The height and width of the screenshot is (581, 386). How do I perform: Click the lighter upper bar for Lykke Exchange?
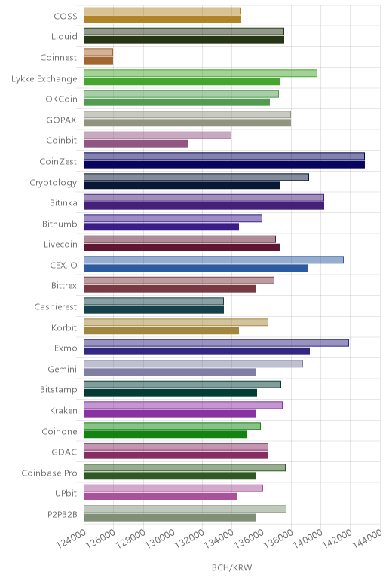201,73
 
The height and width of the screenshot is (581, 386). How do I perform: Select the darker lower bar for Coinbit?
136,144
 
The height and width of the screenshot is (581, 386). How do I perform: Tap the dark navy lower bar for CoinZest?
224,164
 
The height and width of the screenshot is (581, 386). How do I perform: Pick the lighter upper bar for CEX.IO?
214,260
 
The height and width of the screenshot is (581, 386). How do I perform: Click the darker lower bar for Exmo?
197,351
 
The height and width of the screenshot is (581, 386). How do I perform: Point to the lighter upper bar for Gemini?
193,364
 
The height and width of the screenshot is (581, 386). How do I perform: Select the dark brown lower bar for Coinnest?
98,60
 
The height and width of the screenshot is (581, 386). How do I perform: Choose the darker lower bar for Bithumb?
161,227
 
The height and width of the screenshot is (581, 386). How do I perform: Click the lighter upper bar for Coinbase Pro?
185,467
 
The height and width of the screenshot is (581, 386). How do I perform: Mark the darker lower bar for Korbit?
161,330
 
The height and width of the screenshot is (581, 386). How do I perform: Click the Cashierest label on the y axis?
56,307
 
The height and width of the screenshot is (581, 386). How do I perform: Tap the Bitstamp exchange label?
59,390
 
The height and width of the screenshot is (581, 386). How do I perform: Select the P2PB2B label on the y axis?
63,514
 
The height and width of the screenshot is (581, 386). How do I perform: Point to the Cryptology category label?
54,183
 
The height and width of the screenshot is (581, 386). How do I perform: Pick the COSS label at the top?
66,16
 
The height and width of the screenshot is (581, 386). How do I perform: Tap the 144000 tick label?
367,539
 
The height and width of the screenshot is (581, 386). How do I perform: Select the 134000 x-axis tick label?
219,539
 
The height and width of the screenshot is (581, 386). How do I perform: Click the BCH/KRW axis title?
232,567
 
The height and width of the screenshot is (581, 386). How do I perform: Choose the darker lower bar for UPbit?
161,497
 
